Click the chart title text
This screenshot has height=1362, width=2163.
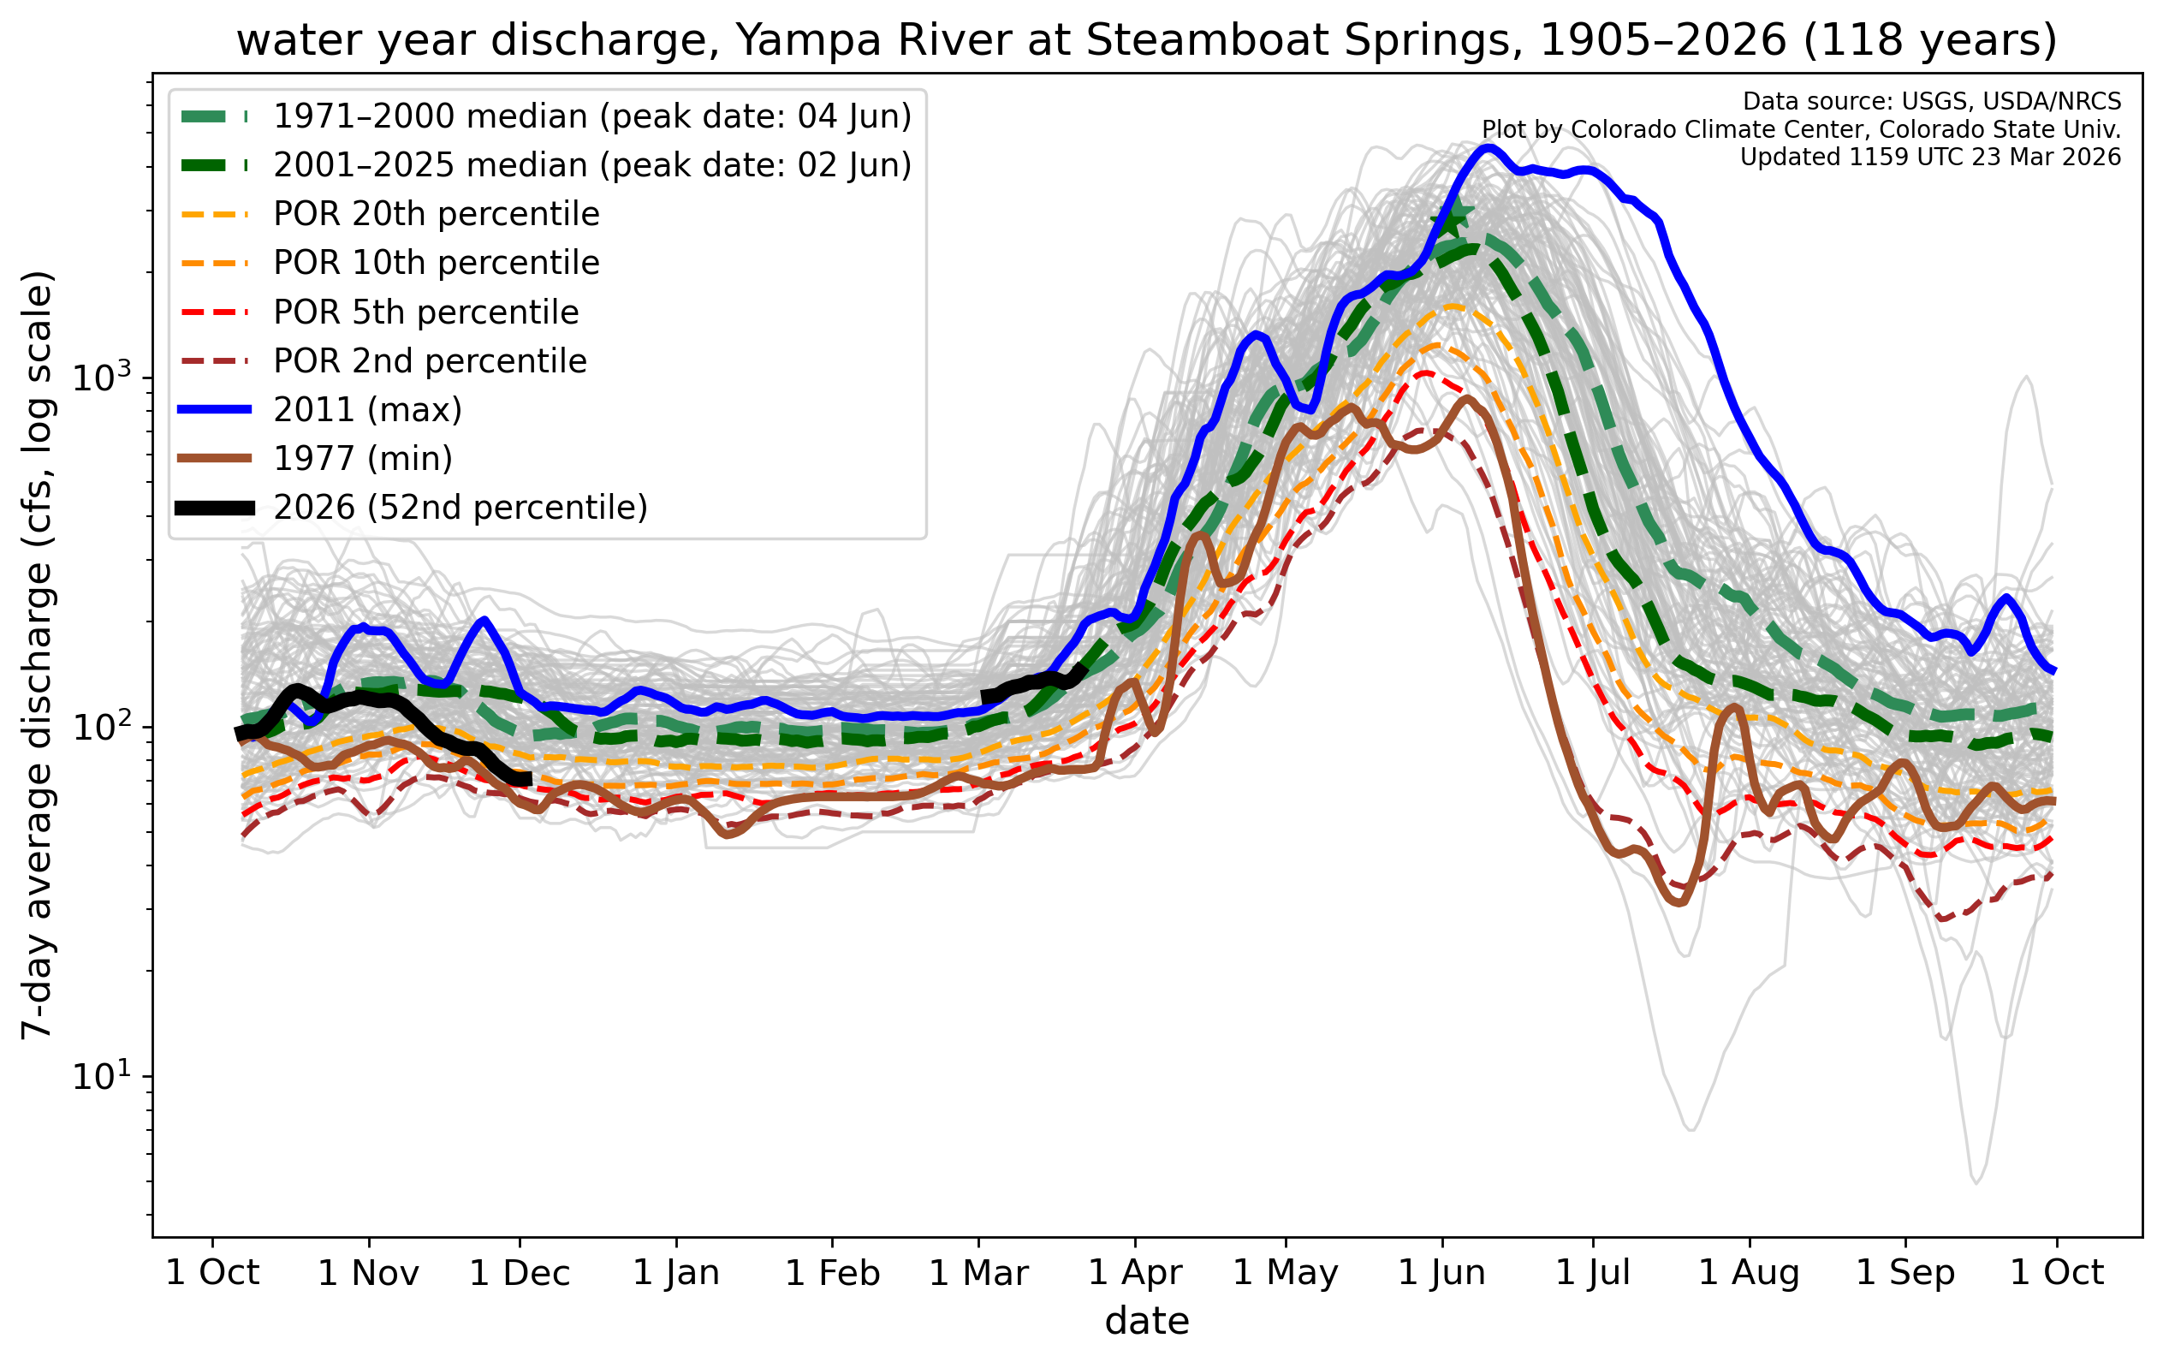pyautogui.click(x=1146, y=40)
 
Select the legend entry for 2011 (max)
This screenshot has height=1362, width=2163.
pyautogui.click(x=367, y=410)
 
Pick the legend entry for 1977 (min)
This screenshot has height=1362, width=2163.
pyautogui.click(x=363, y=458)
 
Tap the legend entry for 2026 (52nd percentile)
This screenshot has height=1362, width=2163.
pyautogui.click(x=460, y=508)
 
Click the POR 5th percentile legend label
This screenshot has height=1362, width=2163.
pyautogui.click(x=425, y=312)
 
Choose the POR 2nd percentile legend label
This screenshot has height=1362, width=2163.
pyautogui.click(x=430, y=361)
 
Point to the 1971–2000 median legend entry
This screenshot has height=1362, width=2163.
pyautogui.click(x=592, y=116)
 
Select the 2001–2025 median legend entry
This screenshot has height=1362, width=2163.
pyautogui.click(x=592, y=165)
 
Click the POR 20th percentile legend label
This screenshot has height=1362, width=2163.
pyautogui.click(x=436, y=214)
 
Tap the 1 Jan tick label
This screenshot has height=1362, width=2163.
pyautogui.click(x=676, y=1273)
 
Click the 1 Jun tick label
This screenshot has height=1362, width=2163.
pyautogui.click(x=1441, y=1273)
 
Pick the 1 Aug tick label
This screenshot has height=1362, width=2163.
pyautogui.click(x=1749, y=1273)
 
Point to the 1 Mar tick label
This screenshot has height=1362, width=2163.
pyautogui.click(x=978, y=1273)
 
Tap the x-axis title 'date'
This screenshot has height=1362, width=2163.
pyautogui.click(x=1146, y=1322)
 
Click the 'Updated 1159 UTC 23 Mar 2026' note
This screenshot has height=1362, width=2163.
pyautogui.click(x=1929, y=158)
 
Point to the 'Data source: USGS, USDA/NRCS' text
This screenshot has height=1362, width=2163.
pyautogui.click(x=1931, y=102)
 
